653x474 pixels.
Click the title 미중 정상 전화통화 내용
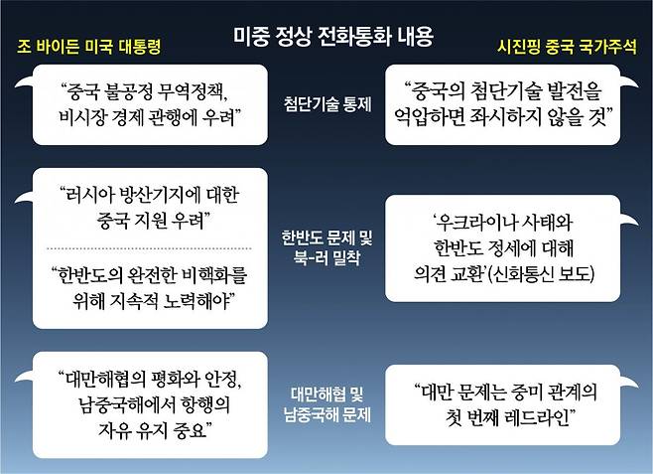[333, 37]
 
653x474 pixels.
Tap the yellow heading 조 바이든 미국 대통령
[88, 47]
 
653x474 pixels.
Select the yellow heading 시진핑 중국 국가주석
[567, 47]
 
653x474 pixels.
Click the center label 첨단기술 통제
[327, 103]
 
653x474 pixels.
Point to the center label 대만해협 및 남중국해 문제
[327, 404]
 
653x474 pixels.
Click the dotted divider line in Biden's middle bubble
[150, 248]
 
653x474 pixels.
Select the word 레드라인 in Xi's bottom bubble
[540, 417]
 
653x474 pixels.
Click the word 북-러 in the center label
[311, 257]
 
